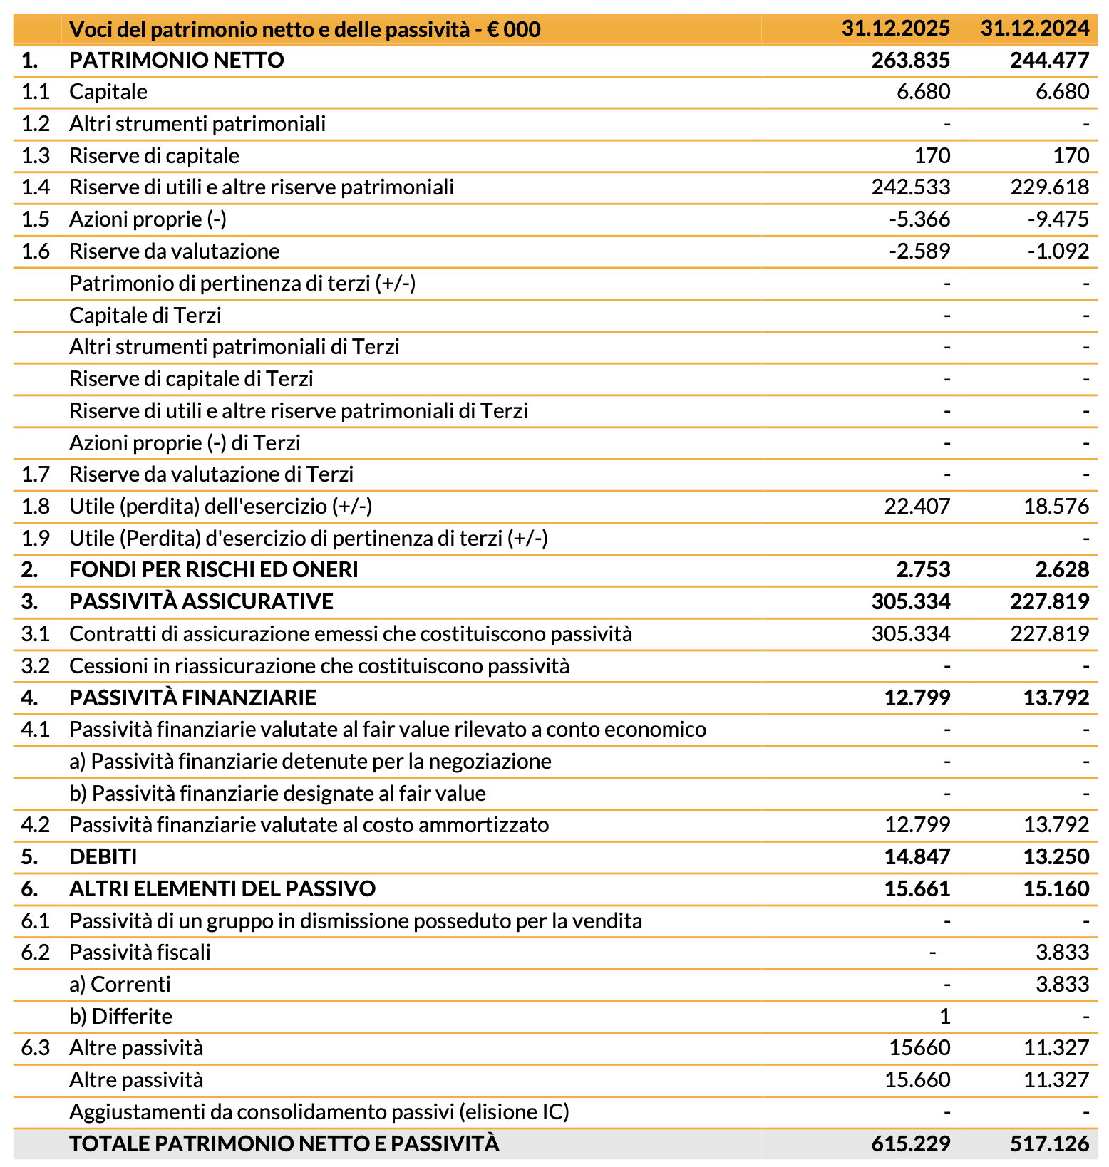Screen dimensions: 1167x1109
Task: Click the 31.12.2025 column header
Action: [895, 29]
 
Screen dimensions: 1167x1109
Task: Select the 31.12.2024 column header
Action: [1034, 29]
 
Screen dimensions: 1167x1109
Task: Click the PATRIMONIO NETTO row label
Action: [177, 61]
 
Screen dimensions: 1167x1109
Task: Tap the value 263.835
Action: [910, 61]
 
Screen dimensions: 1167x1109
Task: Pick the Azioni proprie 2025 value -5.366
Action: [919, 219]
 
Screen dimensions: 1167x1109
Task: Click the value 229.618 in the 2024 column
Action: [1049, 187]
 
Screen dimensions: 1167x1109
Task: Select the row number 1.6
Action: [35, 251]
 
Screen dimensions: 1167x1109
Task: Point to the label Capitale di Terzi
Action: [145, 315]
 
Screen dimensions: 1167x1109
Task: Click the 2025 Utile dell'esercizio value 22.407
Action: [917, 507]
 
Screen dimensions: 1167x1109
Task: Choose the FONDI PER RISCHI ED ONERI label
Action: [214, 570]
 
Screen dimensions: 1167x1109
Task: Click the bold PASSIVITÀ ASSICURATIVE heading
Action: [201, 602]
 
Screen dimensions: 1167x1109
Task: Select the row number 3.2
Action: [35, 666]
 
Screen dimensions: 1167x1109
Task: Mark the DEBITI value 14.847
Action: [917, 857]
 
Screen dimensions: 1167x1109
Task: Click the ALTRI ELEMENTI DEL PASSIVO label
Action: [222, 889]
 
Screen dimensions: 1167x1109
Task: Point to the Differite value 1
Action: [944, 1017]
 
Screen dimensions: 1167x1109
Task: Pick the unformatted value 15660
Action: [919, 1048]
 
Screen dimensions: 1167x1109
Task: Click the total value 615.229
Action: [910, 1144]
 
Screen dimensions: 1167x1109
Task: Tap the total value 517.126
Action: [1049, 1144]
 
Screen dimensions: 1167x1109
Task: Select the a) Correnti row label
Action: [120, 985]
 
